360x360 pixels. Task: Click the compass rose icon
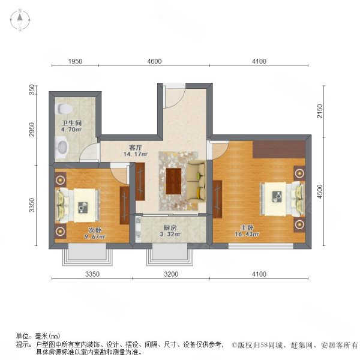tap(20, 20)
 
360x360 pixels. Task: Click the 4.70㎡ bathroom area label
tap(71, 130)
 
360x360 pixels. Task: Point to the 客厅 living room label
tap(135, 147)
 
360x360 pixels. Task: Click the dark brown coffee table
tap(173, 181)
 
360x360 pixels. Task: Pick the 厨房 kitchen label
tap(170, 228)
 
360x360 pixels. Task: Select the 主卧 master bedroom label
tap(247, 228)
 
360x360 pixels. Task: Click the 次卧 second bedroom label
tap(95, 230)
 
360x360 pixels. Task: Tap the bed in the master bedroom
tap(283, 199)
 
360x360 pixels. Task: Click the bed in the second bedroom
tap(77, 205)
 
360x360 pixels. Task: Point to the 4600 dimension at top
tap(154, 61)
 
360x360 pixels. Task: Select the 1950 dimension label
tap(76, 61)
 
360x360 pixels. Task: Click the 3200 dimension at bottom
tap(171, 274)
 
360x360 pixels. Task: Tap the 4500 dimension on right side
tap(320, 191)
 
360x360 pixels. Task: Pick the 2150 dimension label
tap(320, 111)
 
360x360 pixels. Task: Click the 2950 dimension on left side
tap(32, 130)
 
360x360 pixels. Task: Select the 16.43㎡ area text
tap(247, 234)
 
